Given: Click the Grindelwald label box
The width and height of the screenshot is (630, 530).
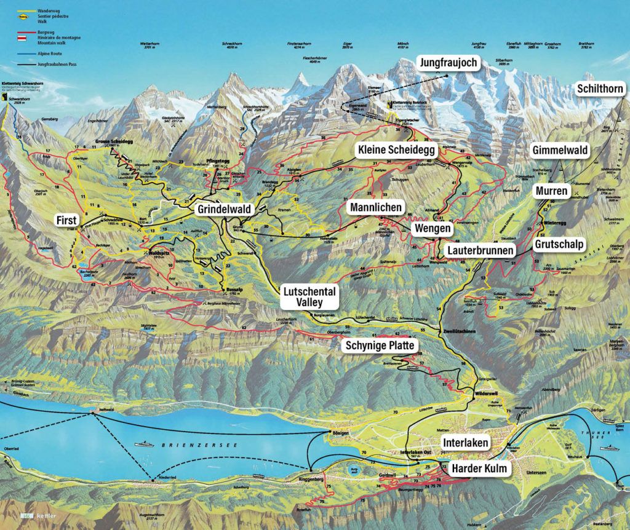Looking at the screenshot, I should [x=225, y=210].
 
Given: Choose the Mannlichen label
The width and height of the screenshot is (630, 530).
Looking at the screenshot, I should [x=377, y=207].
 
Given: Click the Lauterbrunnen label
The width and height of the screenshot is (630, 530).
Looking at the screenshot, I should [x=480, y=251].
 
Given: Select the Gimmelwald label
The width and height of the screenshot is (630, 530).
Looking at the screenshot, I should [x=560, y=151].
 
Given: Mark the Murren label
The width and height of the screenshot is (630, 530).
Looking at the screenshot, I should [x=551, y=191].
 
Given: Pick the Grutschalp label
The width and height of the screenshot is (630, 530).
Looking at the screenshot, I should [x=559, y=243].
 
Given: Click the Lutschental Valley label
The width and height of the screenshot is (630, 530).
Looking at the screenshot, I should [x=309, y=297].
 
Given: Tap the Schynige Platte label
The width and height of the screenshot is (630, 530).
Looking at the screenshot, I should [x=380, y=346].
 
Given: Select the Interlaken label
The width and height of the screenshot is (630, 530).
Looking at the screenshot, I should [x=465, y=443].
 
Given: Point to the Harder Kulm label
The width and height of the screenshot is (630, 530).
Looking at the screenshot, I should [x=480, y=469].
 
